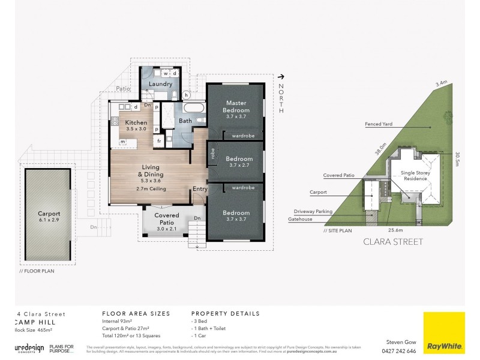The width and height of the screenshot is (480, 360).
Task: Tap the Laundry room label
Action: click(x=160, y=85)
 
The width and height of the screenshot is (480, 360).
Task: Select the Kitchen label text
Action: click(x=136, y=122)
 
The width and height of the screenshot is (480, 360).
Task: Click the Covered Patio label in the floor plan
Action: click(x=167, y=218)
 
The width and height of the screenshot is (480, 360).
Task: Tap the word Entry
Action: click(x=200, y=189)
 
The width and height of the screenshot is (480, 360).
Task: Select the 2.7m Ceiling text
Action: click(x=151, y=188)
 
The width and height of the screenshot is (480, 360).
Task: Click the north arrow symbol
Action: click(x=280, y=76)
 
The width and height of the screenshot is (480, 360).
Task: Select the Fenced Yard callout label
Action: click(x=379, y=125)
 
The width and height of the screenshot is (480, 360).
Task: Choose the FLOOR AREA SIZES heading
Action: click(x=136, y=313)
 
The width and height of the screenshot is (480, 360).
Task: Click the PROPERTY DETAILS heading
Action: click(x=225, y=313)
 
